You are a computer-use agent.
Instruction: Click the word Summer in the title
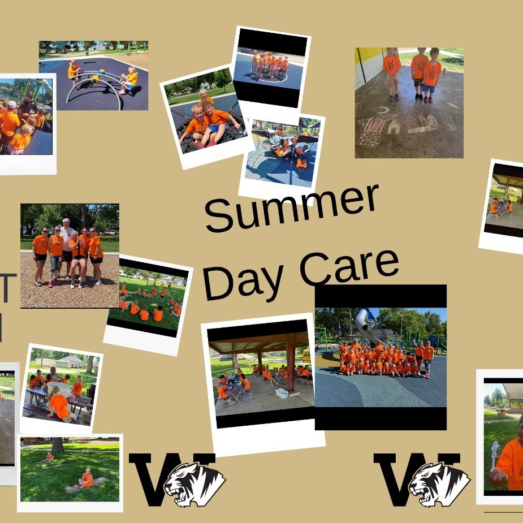[291, 207]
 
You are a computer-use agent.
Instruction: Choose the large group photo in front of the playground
[381, 357]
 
